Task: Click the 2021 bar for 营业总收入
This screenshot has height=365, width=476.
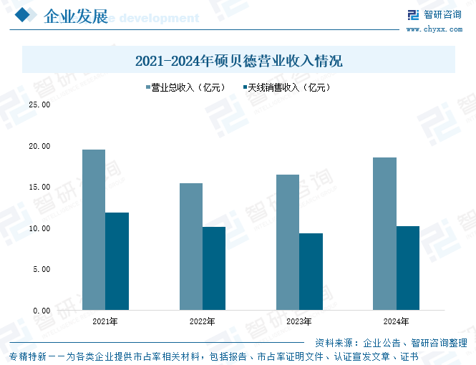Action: [94, 230]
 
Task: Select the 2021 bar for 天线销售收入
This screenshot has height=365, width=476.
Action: [117, 261]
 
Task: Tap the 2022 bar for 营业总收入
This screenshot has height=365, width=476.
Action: [191, 247]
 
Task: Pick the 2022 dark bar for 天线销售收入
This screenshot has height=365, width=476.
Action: [214, 268]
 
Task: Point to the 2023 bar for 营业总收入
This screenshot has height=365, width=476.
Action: [288, 243]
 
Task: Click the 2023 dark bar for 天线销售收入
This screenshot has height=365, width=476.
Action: [311, 272]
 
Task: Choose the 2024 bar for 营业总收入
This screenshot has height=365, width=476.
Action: [385, 234]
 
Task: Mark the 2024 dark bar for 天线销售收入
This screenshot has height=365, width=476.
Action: [408, 268]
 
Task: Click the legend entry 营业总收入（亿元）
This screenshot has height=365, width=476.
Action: [184, 88]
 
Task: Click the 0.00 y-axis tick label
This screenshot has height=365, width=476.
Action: [41, 311]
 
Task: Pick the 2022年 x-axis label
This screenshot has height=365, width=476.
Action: [203, 321]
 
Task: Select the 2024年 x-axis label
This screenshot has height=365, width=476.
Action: [397, 321]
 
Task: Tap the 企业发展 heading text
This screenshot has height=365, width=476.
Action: [75, 16]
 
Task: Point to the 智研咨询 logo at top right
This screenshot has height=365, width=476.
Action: [434, 14]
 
